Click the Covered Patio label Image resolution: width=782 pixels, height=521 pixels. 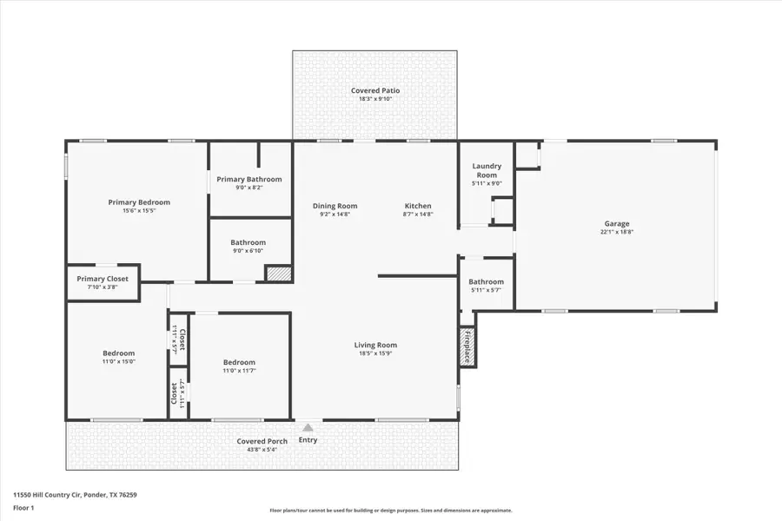(x=375, y=90)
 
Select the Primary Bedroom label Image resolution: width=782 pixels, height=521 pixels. (x=139, y=202)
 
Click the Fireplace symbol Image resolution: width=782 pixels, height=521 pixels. (x=467, y=347)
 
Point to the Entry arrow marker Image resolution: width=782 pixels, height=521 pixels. (x=308, y=427)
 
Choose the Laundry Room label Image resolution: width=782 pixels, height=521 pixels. (x=487, y=170)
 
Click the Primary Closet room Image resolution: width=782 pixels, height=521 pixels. (x=103, y=283)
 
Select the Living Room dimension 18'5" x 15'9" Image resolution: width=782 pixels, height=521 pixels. (x=377, y=353)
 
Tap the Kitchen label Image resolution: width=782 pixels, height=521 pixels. (x=418, y=206)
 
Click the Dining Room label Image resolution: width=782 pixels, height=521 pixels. (x=335, y=206)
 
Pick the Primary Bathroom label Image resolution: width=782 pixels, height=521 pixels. (x=249, y=179)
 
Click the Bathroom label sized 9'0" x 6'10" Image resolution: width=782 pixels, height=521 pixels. (x=248, y=242)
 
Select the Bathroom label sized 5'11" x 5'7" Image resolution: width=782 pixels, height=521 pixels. (x=486, y=281)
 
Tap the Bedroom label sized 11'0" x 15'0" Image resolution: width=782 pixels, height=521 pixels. (x=119, y=353)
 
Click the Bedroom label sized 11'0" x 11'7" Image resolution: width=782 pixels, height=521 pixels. (x=239, y=362)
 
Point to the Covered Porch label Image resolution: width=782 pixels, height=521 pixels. (x=262, y=441)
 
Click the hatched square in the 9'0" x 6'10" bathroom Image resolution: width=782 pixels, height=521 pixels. (x=278, y=274)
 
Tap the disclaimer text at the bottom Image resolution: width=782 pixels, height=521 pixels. (x=391, y=511)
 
